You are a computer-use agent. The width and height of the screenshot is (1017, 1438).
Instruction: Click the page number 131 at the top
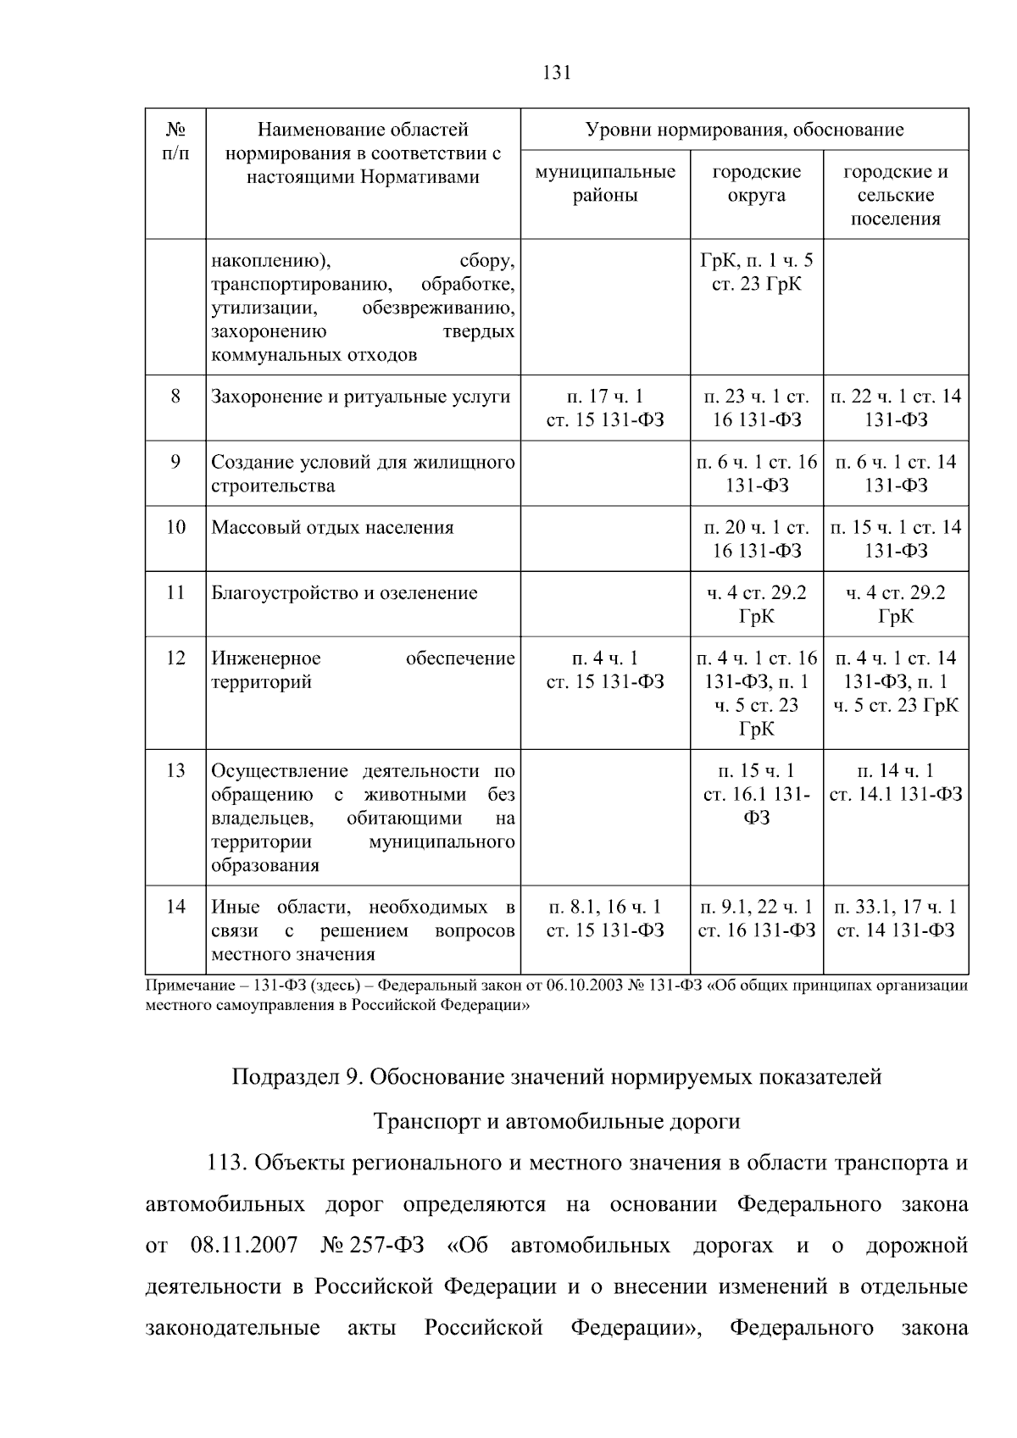557,73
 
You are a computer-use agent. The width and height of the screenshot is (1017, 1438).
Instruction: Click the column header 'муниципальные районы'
605,184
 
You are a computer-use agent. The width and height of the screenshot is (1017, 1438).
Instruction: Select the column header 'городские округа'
756,184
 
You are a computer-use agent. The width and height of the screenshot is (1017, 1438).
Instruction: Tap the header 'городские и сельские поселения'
896,196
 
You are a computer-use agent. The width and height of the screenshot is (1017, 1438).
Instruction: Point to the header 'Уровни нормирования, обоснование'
744,130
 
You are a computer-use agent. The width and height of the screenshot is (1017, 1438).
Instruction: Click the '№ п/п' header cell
175,142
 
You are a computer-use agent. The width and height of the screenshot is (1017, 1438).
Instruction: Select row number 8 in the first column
175,396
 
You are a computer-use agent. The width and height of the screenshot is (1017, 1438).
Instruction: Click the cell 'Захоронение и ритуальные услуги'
361,397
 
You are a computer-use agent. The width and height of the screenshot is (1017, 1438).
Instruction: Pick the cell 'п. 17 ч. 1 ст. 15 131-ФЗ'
605,408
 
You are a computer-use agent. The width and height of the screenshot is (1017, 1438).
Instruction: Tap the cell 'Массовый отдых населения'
332,528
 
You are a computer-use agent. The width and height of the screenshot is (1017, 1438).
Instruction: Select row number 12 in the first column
175,658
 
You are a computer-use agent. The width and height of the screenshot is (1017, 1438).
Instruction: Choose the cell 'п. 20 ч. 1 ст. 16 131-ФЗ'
756,539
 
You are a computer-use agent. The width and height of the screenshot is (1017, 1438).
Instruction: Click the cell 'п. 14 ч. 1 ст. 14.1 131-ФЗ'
896,782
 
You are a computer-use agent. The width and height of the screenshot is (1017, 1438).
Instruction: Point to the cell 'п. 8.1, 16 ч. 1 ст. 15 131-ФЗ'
605,919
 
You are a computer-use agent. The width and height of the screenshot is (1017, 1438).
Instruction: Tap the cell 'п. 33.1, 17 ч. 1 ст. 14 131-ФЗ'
896,919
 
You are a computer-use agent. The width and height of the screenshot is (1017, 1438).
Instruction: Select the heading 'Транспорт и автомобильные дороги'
557,1121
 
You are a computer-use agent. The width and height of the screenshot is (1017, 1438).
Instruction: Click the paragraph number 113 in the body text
225,1163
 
